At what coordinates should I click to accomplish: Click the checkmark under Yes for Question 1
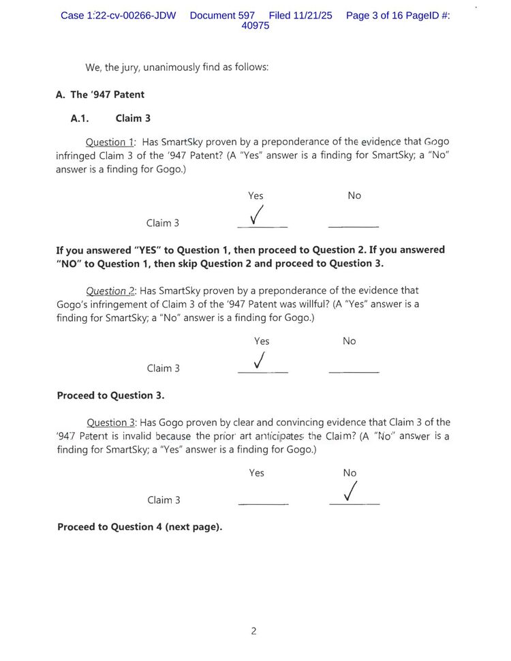(x=258, y=215)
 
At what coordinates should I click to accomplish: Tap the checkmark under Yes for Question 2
(x=260, y=360)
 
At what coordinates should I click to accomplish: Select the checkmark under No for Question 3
(x=352, y=491)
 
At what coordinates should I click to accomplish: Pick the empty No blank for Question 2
(x=354, y=371)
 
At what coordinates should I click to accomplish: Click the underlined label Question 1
(x=110, y=142)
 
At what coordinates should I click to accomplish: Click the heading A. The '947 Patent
(x=100, y=95)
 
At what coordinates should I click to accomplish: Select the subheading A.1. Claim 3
(x=110, y=118)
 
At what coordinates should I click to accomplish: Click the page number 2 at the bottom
(x=253, y=631)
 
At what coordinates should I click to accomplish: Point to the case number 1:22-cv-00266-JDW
(x=118, y=15)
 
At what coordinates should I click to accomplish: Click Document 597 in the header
(x=222, y=15)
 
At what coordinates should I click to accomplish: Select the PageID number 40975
(x=255, y=26)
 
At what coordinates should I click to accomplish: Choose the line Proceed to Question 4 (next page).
(x=140, y=527)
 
